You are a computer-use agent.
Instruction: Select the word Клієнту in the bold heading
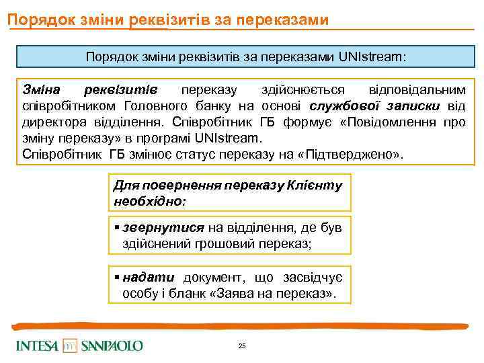tap(317, 185)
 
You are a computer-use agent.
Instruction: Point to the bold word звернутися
tap(163, 229)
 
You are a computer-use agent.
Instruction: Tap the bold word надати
tap(149, 277)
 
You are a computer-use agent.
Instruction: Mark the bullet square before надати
tap(118, 277)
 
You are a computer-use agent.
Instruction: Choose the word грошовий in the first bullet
tap(222, 243)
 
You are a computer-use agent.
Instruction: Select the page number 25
tap(242, 346)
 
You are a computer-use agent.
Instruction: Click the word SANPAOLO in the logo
tap(112, 346)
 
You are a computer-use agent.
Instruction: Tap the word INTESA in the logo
tap(38, 346)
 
